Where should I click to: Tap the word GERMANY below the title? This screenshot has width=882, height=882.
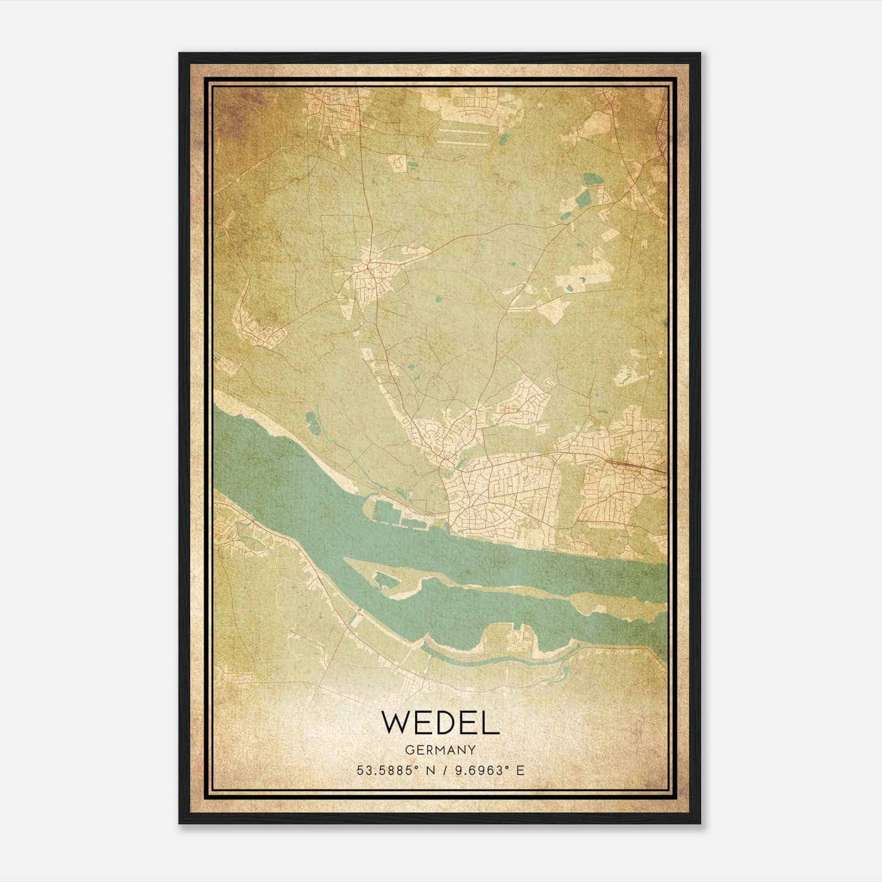tap(440, 750)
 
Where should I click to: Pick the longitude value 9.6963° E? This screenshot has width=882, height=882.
tap(488, 770)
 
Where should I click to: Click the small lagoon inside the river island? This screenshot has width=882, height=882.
tap(382, 579)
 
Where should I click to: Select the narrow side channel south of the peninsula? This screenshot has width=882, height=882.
tap(485, 660)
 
